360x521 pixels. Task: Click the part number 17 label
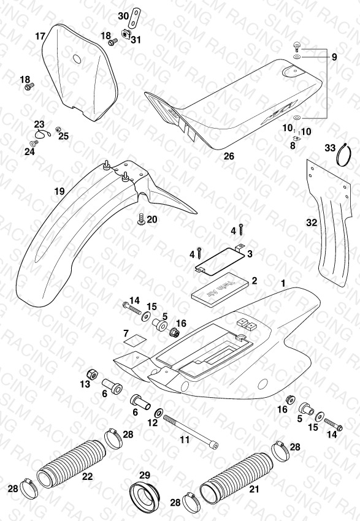click(x=40, y=36)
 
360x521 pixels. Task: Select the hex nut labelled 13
click(x=93, y=374)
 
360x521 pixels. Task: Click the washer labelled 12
click(x=159, y=414)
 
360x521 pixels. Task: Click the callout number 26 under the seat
click(x=229, y=156)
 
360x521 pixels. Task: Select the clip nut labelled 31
click(x=126, y=34)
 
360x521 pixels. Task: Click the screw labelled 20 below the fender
click(x=141, y=219)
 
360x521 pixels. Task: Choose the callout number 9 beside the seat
click(x=334, y=57)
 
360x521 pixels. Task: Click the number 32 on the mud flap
click(x=312, y=222)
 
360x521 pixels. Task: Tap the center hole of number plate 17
click(x=77, y=59)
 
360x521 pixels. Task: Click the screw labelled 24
click(x=34, y=143)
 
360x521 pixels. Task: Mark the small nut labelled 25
click(x=58, y=129)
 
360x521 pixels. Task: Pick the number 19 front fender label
click(x=59, y=191)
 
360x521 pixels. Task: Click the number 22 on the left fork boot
click(x=87, y=476)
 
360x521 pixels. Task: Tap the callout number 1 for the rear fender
click(x=283, y=283)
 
